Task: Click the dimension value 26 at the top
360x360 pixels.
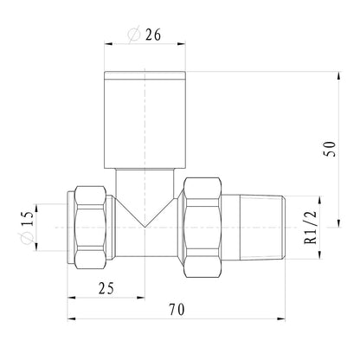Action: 152,35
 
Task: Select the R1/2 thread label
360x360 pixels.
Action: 311,228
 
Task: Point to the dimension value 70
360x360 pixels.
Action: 177,310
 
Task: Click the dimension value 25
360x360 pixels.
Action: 106,288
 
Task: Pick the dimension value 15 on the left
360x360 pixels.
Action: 28,218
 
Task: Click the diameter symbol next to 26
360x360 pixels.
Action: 134,35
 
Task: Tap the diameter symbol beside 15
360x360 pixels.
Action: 27,238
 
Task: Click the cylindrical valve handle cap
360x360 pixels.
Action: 145,119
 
